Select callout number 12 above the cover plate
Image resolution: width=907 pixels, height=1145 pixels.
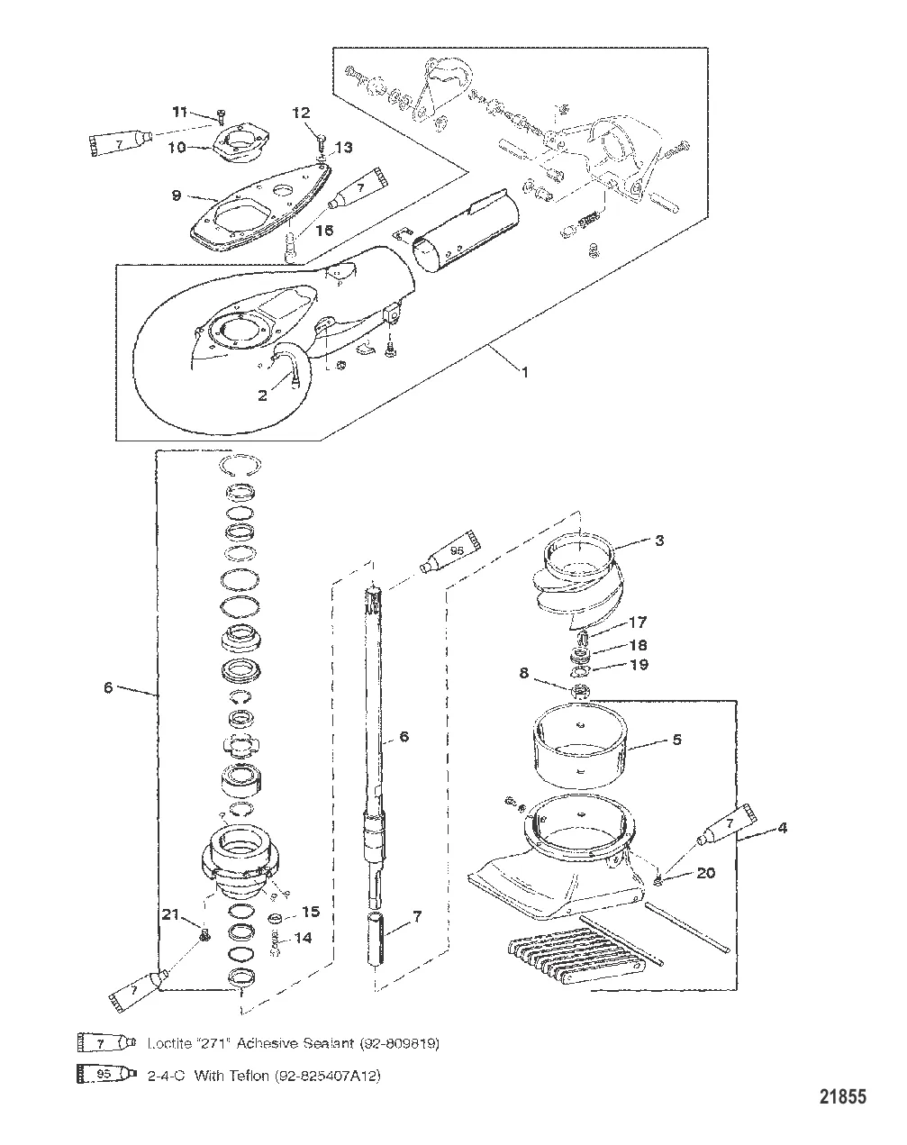(x=300, y=113)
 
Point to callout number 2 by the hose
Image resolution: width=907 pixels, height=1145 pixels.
(x=262, y=395)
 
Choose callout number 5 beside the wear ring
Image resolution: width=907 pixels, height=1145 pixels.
(x=676, y=740)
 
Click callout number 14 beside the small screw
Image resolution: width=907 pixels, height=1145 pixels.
(x=303, y=937)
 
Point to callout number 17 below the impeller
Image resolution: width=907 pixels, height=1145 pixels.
(x=637, y=622)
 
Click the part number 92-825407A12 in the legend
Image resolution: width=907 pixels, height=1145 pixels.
(x=324, y=1076)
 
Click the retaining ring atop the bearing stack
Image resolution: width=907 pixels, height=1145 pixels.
(x=240, y=465)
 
